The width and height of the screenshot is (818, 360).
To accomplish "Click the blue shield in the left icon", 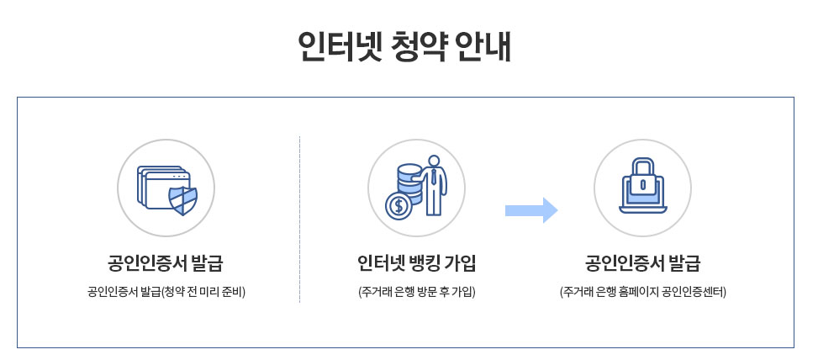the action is [183, 200].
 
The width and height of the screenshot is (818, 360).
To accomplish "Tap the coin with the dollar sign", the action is [398, 204].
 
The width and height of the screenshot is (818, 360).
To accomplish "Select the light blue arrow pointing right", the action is [530, 210].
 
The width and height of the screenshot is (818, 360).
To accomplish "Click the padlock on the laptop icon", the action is [642, 179].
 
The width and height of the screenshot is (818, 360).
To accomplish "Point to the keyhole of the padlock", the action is [642, 183].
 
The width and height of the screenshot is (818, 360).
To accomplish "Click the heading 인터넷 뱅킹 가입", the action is [416, 262].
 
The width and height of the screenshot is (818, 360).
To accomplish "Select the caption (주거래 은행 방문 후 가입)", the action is [416, 292].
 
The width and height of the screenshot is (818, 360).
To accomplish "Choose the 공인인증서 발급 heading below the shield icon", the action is [166, 262].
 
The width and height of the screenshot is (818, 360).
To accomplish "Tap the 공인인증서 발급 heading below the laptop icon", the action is [642, 262].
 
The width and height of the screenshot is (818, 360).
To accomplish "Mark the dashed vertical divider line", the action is [300, 219].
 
